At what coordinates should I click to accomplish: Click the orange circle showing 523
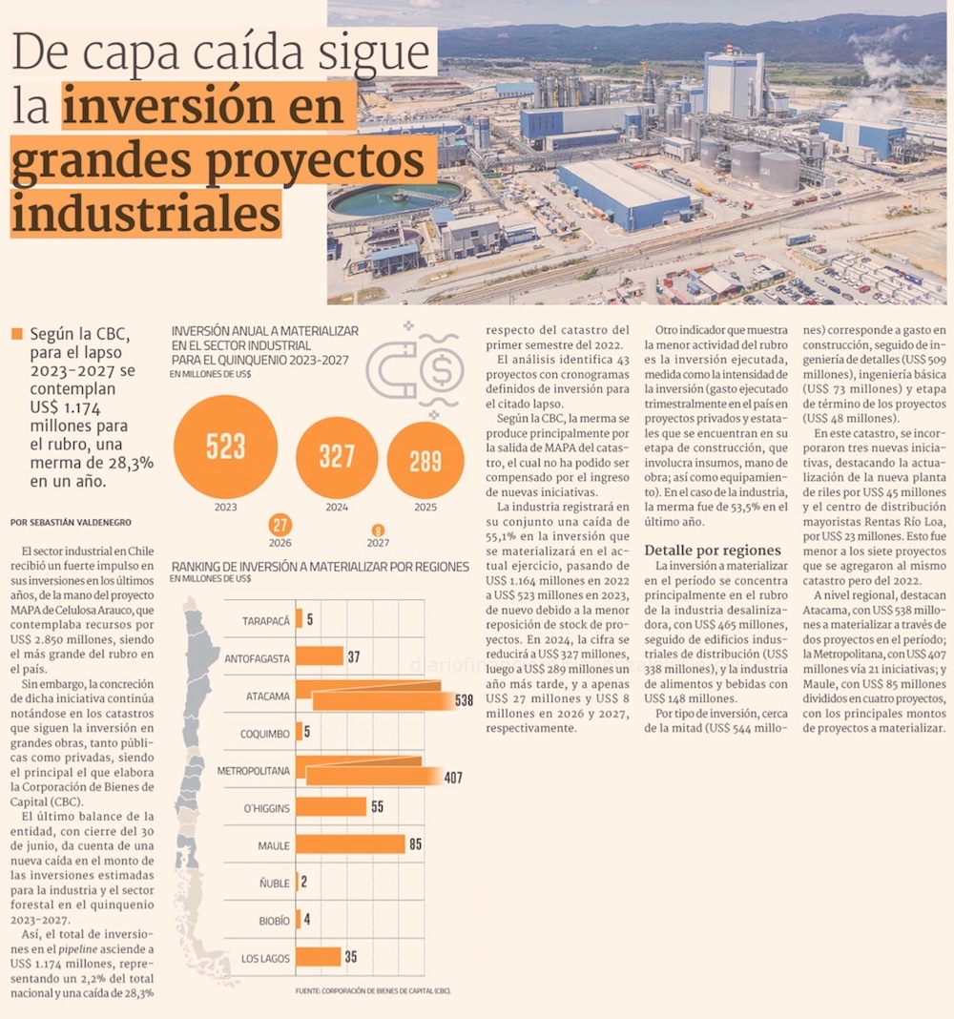coord(226,447)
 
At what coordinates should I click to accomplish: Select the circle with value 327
coord(337,457)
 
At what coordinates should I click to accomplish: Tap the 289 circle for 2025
coord(425,461)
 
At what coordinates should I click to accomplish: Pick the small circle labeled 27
coord(280,525)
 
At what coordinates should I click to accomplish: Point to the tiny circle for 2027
coord(378,530)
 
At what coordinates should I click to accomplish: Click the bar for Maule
coord(350,844)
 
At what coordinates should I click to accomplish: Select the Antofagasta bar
coord(319,656)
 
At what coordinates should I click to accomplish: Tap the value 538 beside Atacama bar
coord(464,700)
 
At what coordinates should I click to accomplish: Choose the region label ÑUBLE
coord(275,884)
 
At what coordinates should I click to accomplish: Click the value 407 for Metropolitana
coord(453,778)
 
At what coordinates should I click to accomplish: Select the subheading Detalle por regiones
coord(713,551)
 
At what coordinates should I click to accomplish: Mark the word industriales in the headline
coord(146,215)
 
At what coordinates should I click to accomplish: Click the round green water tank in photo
coord(395,198)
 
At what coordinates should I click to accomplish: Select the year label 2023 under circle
coord(225,508)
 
